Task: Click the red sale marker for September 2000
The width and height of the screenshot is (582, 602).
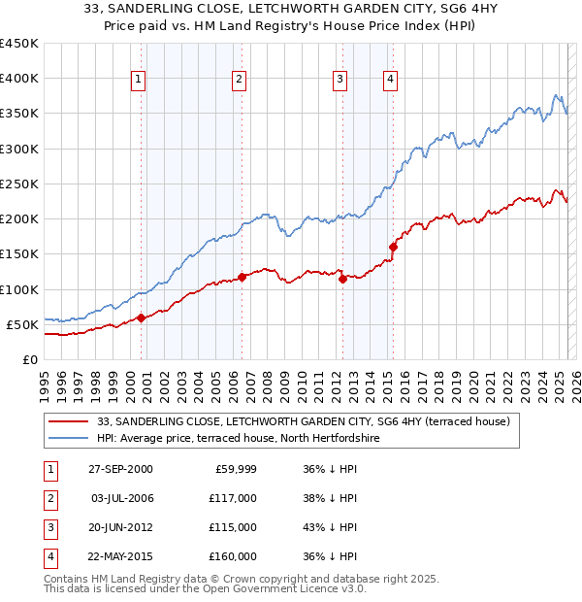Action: pos(141,318)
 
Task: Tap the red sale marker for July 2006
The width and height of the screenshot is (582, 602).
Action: pos(242,277)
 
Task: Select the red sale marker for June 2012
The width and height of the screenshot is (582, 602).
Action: pos(342,279)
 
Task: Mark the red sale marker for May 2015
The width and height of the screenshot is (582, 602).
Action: pos(393,247)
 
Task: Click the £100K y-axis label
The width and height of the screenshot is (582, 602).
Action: pos(19,289)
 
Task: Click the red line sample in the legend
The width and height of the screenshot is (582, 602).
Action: pos(68,421)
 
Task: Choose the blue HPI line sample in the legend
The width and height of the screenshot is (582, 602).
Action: pos(68,439)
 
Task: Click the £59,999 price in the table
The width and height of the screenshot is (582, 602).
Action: pos(235,469)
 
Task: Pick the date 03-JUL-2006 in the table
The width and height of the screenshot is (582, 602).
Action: pos(123,498)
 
